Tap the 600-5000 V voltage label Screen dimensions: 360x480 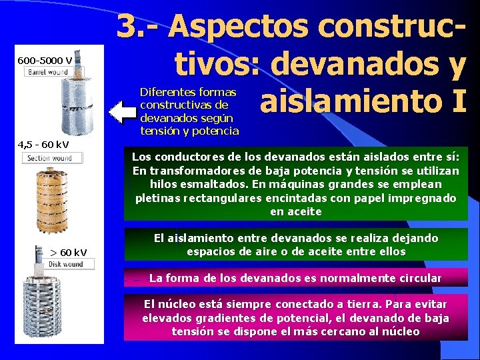[45, 61]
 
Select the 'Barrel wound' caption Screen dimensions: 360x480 [47, 72]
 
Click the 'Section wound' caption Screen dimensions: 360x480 [51, 158]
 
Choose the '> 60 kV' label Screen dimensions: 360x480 [69, 252]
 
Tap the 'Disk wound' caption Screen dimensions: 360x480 [65, 264]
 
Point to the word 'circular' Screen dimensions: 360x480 [418, 277]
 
